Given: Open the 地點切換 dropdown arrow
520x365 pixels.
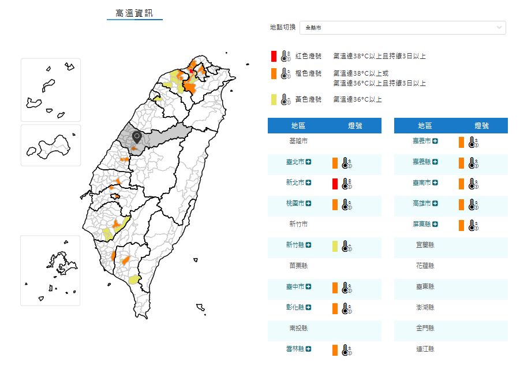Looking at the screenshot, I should (499, 28).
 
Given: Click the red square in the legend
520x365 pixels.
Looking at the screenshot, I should (274, 56).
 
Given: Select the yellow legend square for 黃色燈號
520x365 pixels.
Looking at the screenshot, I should (274, 99).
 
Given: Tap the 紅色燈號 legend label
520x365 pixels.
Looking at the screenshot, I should (308, 56).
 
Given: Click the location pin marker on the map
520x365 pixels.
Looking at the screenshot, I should (137, 137).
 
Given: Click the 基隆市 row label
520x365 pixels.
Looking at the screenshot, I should (298, 141).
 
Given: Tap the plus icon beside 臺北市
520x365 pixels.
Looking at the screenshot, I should (309, 162).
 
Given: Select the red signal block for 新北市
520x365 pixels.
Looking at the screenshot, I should (335, 183).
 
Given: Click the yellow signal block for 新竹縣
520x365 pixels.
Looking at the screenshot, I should (335, 245).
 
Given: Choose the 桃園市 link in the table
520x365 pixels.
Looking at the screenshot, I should (295, 204).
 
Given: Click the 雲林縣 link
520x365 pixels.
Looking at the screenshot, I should (295, 349).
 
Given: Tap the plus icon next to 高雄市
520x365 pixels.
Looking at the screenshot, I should (435, 204).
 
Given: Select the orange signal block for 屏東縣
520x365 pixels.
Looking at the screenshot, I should (461, 225).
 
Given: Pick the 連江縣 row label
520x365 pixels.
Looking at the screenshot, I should (425, 349).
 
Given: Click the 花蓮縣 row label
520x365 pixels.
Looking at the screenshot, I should (425, 266).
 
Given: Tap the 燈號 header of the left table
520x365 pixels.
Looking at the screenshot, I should (355, 126).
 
